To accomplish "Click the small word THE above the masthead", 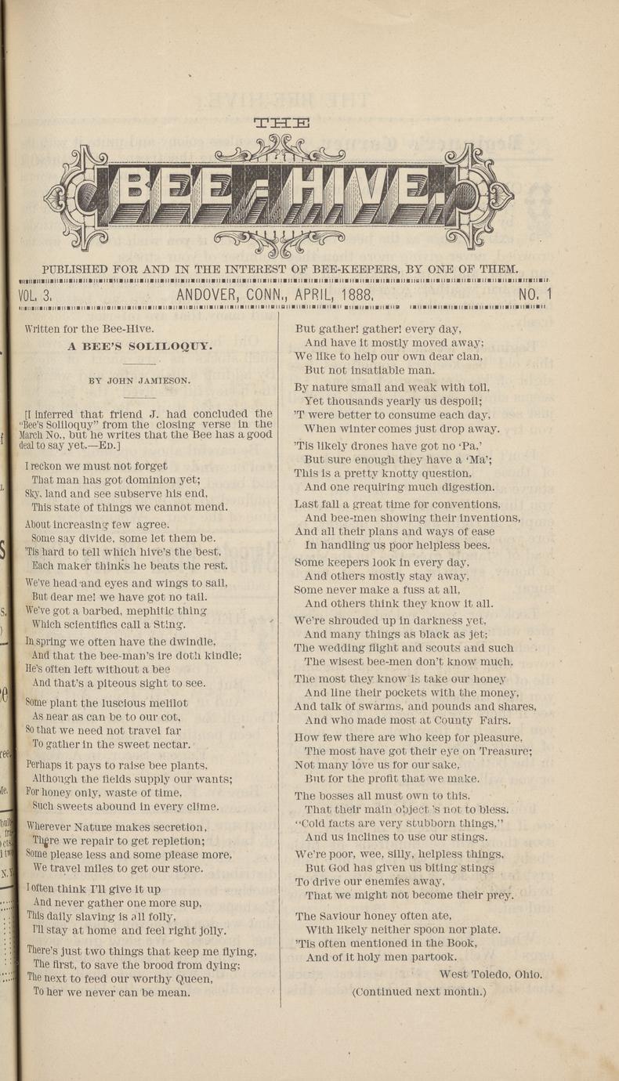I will point(282,122).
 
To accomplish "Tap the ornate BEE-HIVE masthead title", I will point(279,191).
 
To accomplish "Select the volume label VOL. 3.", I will point(34,295).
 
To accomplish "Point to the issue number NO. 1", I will point(535,295).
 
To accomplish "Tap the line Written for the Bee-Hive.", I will point(89,329).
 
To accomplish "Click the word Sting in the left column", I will point(171,624).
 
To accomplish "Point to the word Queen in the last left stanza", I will point(194,979).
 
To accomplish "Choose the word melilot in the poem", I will point(168,703).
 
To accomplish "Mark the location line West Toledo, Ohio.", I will point(490,974).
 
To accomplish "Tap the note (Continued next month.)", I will point(419,992).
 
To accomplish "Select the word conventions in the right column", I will point(461,504).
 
